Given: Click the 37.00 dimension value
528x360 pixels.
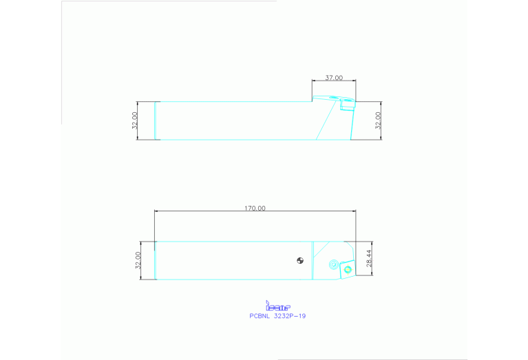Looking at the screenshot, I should (334, 78).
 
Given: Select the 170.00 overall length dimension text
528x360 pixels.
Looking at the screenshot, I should (255, 208).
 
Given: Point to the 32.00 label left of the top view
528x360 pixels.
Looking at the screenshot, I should (135, 120).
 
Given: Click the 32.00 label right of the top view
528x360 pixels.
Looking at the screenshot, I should (378, 120).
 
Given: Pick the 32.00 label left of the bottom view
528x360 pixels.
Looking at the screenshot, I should (138, 260).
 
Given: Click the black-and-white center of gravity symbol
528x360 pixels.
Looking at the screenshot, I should (299, 260).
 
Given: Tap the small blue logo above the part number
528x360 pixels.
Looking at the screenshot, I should (278, 305).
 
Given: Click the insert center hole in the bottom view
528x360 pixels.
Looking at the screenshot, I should (348, 269).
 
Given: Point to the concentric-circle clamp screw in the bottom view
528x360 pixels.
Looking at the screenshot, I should (334, 264).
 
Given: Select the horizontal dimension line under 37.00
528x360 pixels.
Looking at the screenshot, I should (334, 82).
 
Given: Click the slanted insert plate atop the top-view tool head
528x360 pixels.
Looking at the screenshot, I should (334, 98).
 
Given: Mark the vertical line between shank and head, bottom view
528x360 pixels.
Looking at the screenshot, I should (313, 260).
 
